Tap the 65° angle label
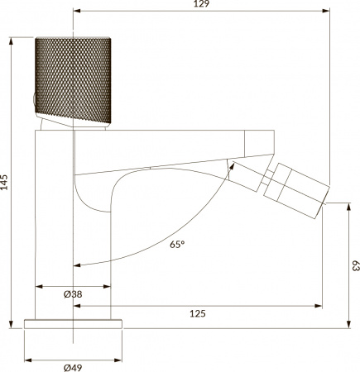pos(177,244)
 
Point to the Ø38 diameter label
pos(73,295)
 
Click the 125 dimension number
pos(197,313)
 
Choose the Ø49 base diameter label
pos(74,368)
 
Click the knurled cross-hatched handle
pos(73,81)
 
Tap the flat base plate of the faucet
pos(74,322)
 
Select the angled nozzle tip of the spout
pos(298,187)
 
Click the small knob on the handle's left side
pos(33,102)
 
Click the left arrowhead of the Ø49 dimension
pos(27,360)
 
